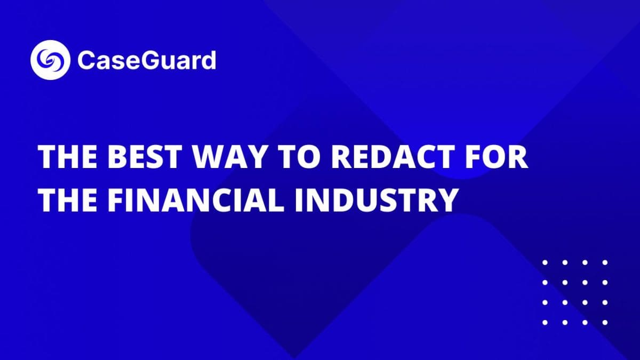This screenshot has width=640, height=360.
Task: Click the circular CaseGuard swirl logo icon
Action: tap(51, 60)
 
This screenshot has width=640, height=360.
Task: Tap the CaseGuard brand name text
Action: tap(147, 60)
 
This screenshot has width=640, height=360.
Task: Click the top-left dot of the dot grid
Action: tap(545, 262)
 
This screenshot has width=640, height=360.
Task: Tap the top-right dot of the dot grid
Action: tap(605, 262)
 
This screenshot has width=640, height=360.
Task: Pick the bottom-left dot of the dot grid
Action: tap(545, 322)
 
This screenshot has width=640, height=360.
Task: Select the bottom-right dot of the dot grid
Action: tap(605, 322)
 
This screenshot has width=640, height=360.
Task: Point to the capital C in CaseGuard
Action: tap(86, 60)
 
